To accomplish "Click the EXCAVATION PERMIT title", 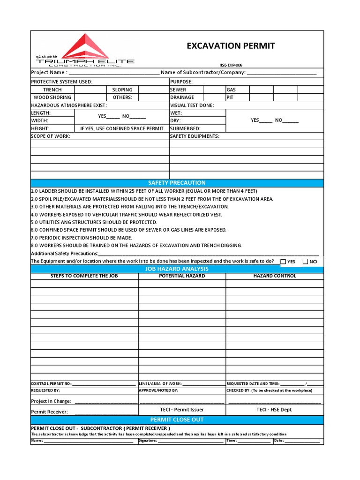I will click(231, 45).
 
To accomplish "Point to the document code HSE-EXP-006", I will click(231, 65).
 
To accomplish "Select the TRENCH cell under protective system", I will click(52, 90).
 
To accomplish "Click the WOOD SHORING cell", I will click(52, 97).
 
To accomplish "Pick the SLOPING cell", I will click(122, 90).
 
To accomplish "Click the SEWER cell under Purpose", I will click(178, 90).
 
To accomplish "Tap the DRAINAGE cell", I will click(182, 97).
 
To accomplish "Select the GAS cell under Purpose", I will click(231, 90).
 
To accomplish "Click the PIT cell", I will click(230, 97).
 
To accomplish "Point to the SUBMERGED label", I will click(185, 128).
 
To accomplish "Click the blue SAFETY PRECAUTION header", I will click(177, 183).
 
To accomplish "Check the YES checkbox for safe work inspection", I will click(283, 262).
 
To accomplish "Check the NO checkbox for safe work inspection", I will click(306, 262).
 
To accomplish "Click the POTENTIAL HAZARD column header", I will click(182, 276).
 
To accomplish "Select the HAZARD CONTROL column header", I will click(275, 276).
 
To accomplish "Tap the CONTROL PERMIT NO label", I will click(51, 383).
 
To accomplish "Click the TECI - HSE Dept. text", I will click(274, 410).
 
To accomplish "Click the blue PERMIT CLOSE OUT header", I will click(177, 420).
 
